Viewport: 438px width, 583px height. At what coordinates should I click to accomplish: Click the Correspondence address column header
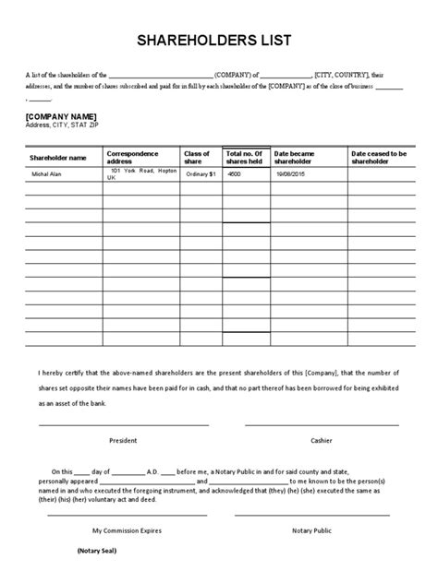pyautogui.click(x=133, y=157)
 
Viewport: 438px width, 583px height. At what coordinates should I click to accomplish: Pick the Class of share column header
pyautogui.click(x=197, y=157)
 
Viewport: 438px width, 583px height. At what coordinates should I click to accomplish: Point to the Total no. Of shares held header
pyautogui.click(x=246, y=157)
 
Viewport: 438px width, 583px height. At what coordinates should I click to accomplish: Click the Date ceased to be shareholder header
pyautogui.click(x=386, y=157)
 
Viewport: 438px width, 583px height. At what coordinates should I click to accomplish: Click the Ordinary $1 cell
pyautogui.click(x=200, y=174)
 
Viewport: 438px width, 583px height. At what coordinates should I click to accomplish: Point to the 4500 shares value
pyautogui.click(x=235, y=174)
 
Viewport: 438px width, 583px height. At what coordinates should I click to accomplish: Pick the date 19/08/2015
pyautogui.click(x=288, y=174)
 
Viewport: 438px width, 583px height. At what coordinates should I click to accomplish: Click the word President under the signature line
pyautogui.click(x=123, y=440)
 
